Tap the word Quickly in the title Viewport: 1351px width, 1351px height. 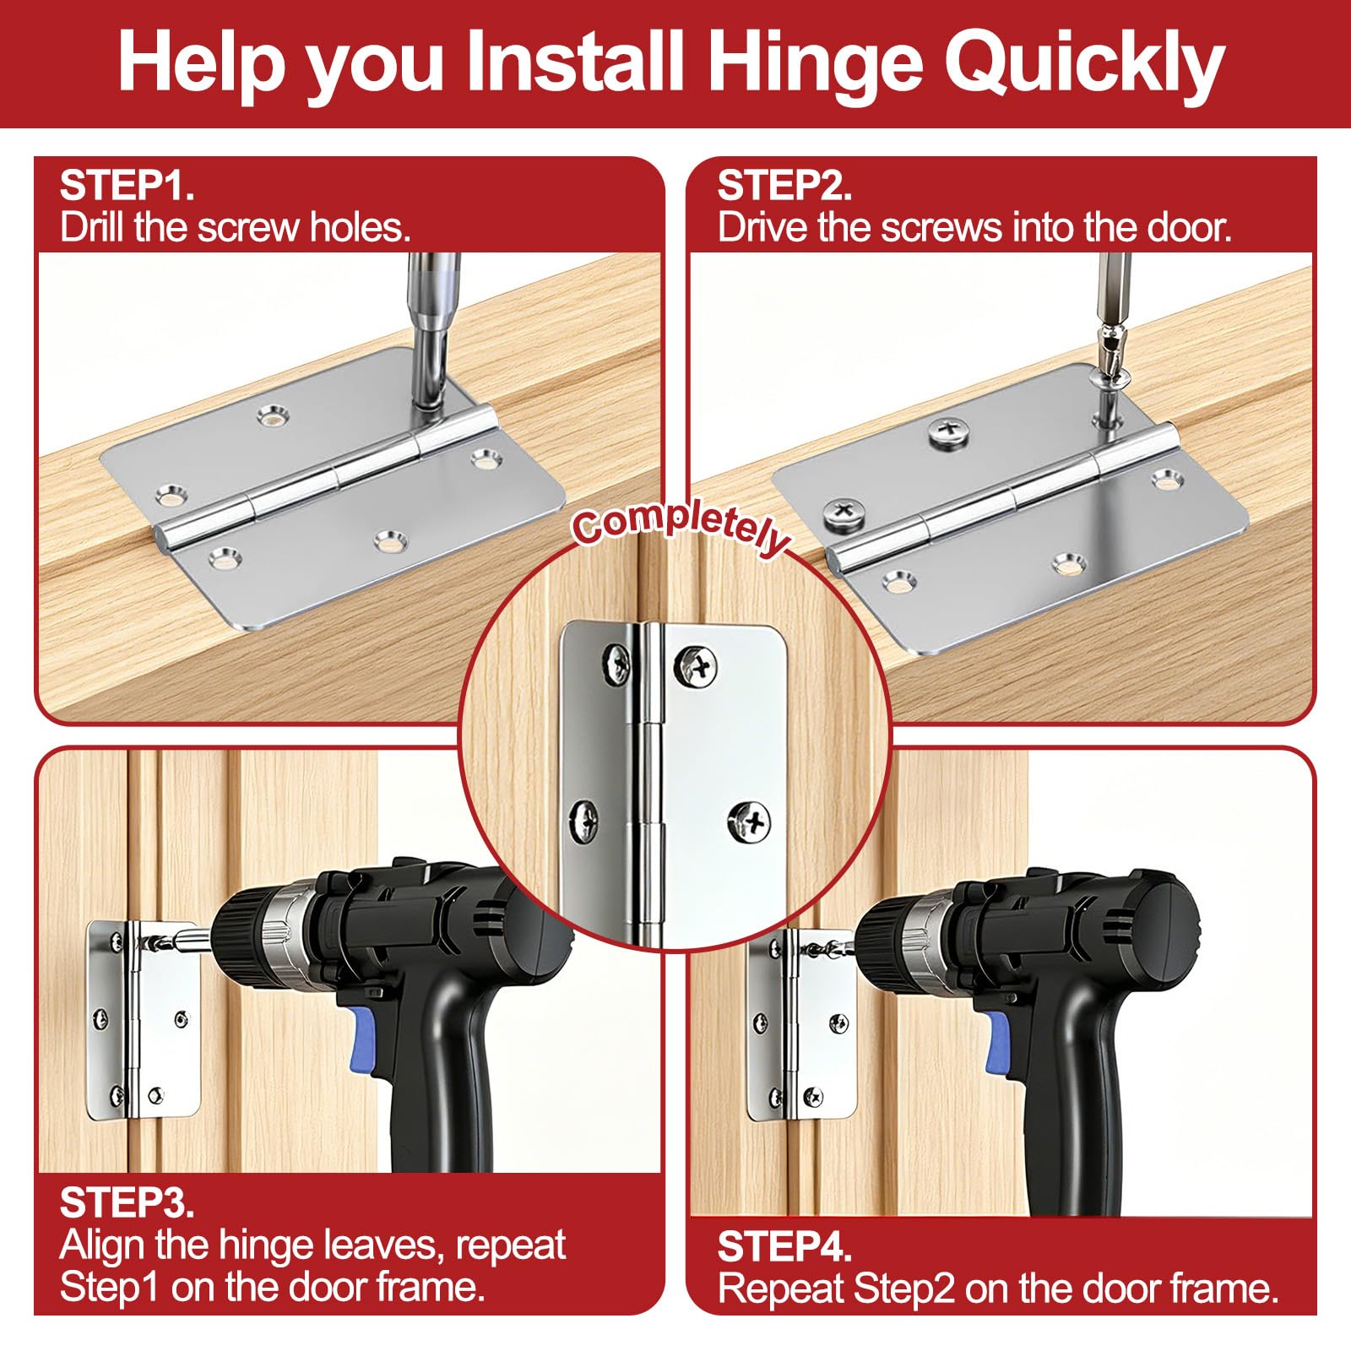(x=1084, y=65)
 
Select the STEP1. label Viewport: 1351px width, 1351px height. (x=127, y=186)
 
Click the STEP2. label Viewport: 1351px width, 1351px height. (x=784, y=186)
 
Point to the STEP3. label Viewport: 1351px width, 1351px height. (x=127, y=1202)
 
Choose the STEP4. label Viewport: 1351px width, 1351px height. (x=784, y=1246)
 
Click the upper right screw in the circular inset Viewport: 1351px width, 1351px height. (x=697, y=665)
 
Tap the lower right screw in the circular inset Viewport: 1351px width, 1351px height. (x=750, y=820)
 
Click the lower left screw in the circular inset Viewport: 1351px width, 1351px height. (x=584, y=818)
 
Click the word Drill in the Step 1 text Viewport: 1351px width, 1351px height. (x=90, y=228)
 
